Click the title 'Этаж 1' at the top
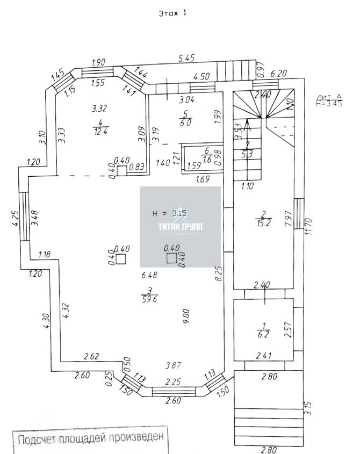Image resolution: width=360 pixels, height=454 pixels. (x=172, y=13)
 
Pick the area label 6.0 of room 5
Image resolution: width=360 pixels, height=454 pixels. (x=185, y=122)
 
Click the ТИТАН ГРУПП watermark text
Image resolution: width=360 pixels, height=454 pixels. (x=181, y=228)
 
